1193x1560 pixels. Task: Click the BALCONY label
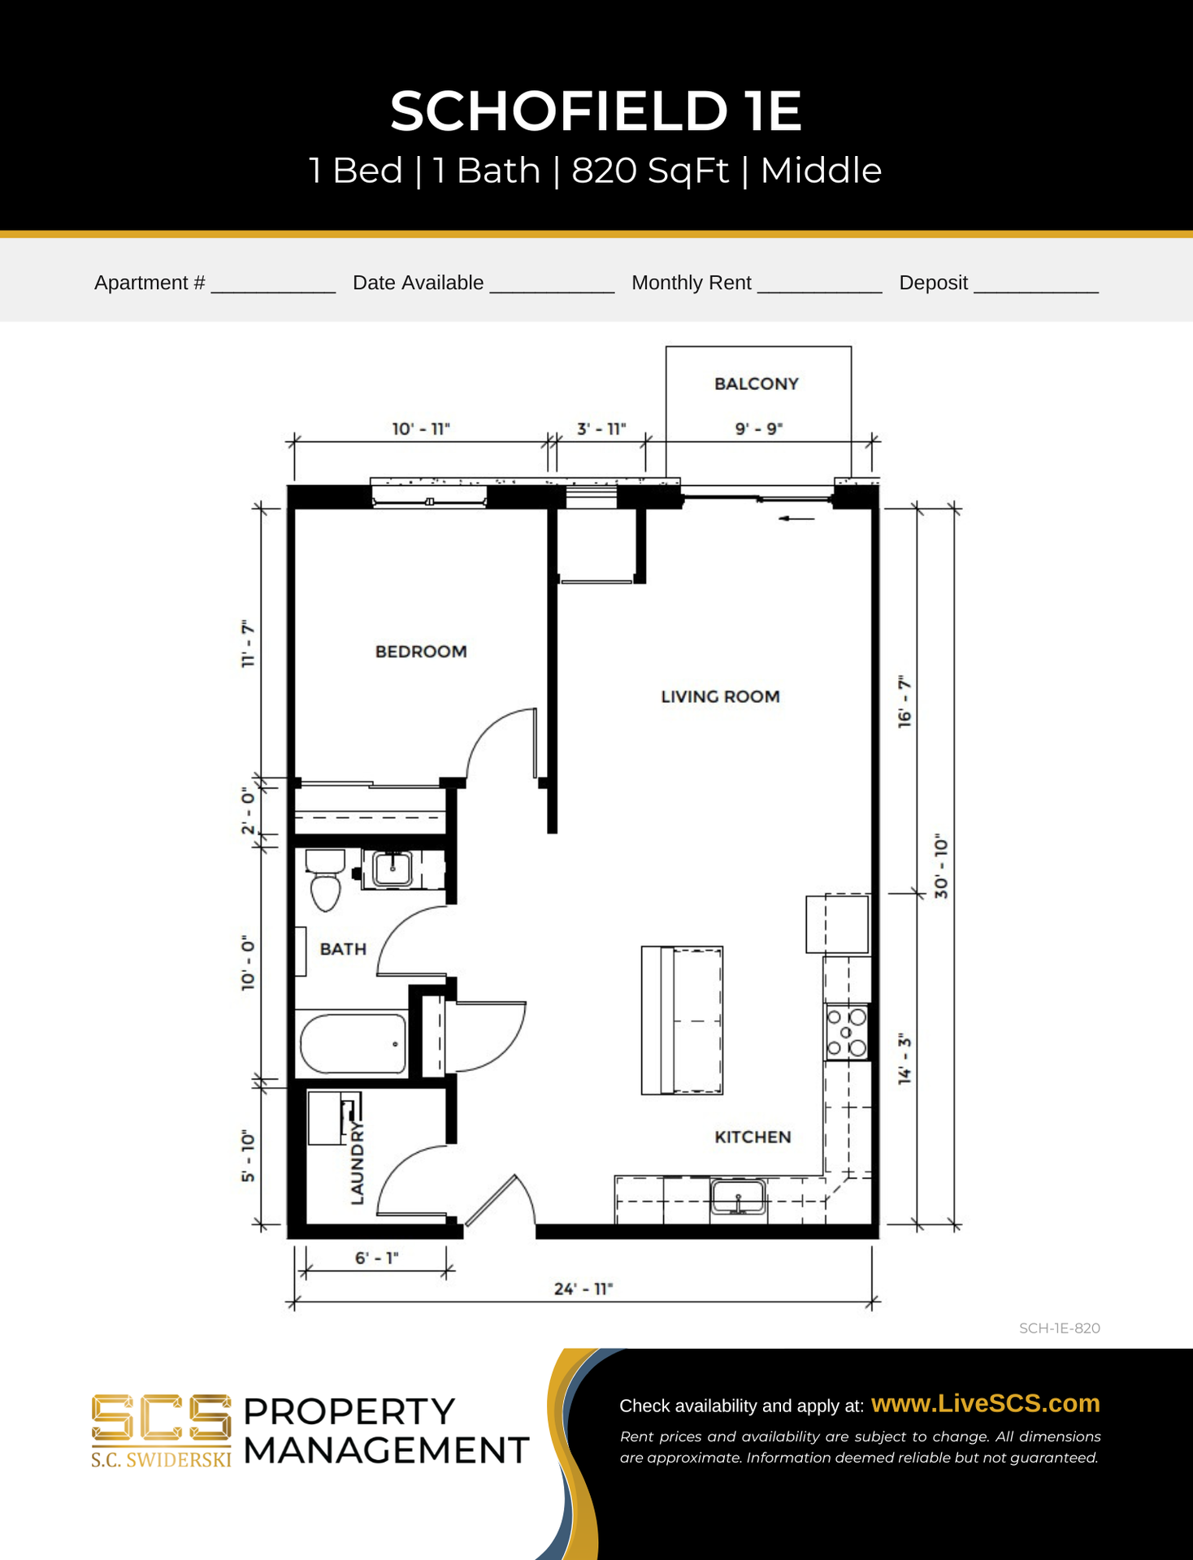click(757, 383)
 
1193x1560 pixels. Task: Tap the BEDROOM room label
click(421, 652)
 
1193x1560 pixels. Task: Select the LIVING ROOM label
click(720, 696)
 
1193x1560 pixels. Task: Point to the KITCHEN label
click(753, 1137)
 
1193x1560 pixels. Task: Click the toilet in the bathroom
click(325, 879)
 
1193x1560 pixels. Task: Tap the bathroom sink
click(393, 869)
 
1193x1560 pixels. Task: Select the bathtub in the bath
click(354, 1044)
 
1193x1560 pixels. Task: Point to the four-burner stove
click(847, 1032)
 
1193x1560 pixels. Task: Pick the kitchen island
click(682, 1020)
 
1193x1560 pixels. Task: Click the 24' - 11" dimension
click(583, 1289)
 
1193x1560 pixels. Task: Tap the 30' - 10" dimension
click(941, 866)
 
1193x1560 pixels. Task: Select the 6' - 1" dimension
click(377, 1258)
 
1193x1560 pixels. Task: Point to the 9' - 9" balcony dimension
click(758, 428)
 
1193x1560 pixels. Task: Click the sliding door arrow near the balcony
click(796, 518)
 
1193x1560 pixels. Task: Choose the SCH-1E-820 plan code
click(1060, 1328)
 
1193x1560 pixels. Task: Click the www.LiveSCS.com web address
click(985, 1403)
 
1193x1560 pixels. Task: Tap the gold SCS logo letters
click(161, 1419)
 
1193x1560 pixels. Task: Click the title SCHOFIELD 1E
click(596, 110)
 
